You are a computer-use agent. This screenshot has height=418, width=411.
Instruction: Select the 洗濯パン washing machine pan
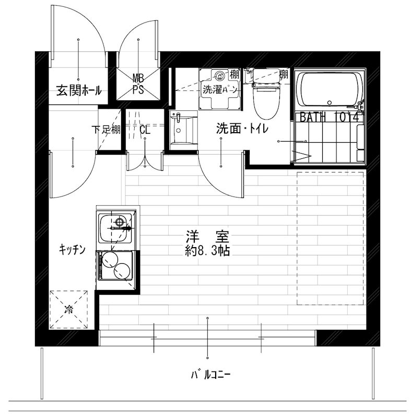coord(219,89)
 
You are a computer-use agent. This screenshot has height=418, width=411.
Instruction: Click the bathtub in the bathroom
coord(329,89)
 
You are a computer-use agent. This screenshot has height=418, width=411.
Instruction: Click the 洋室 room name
coord(207,236)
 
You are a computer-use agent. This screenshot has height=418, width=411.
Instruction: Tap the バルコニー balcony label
coord(210,374)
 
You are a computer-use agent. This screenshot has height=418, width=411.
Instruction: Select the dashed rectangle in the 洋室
coord(330,238)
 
